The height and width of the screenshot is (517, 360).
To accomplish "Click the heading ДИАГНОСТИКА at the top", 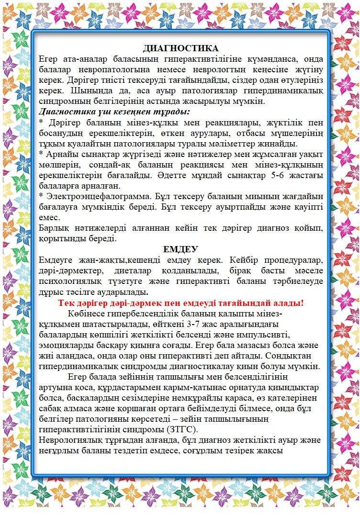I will click(180, 48).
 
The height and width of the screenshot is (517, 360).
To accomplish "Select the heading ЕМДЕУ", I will click(180, 249).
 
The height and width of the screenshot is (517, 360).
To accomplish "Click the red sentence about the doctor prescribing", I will click(180, 303).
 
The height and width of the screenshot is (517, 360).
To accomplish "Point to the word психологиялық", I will click(69, 281).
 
